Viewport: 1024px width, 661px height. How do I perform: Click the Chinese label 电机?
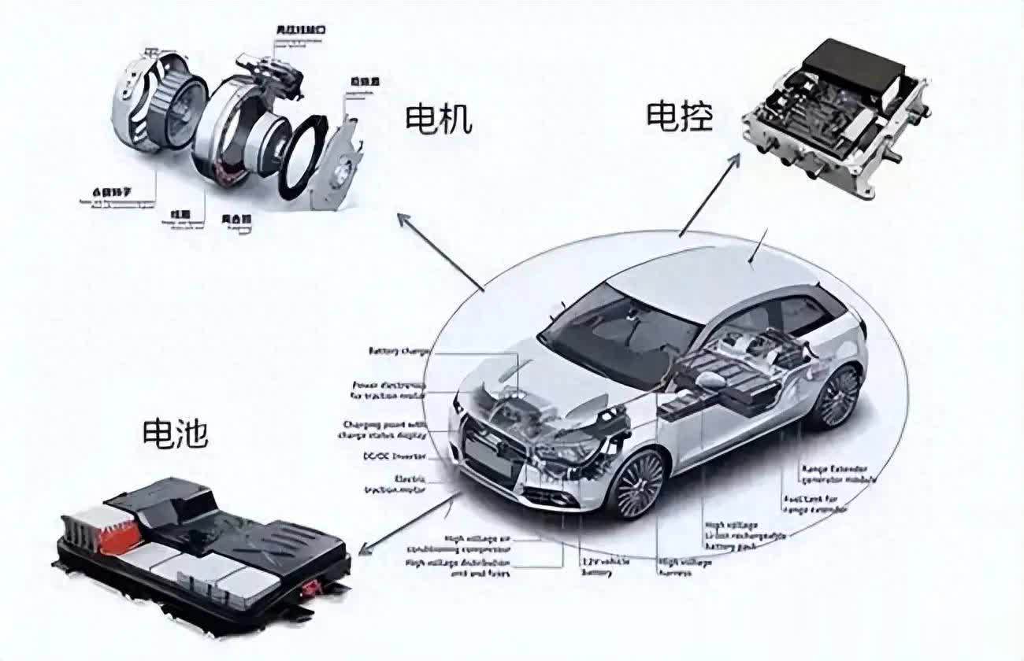[438, 119]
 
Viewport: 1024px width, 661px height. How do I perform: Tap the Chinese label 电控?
[679, 116]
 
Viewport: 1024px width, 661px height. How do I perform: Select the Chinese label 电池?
[175, 432]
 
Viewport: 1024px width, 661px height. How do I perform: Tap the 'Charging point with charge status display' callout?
[383, 429]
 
